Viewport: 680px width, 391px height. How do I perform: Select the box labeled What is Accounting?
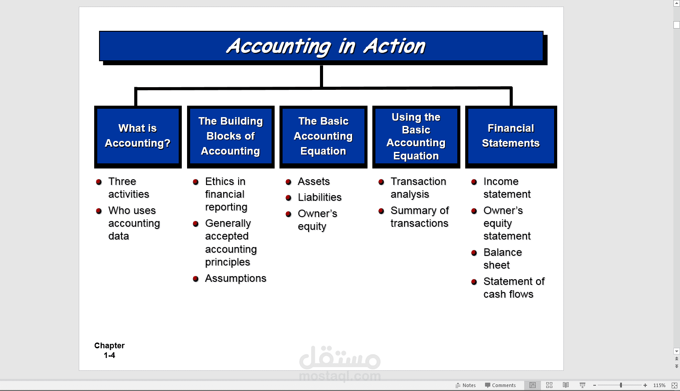138,136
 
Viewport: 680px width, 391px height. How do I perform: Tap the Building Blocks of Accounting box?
231,136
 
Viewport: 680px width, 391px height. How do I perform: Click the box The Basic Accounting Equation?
323,136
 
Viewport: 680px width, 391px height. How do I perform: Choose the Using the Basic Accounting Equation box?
416,136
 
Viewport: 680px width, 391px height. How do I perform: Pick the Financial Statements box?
511,136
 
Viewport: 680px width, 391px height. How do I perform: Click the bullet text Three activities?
129,188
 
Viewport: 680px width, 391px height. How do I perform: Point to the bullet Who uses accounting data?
134,223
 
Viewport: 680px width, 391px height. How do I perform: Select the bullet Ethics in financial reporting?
226,194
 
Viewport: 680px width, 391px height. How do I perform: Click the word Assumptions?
235,279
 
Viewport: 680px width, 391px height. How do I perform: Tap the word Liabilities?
320,198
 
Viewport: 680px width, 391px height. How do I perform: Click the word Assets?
314,181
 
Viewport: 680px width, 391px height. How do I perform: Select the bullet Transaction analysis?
418,188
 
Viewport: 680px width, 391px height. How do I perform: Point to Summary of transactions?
419,217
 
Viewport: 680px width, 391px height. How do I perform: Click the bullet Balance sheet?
502,259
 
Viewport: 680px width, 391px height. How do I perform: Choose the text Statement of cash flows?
514,288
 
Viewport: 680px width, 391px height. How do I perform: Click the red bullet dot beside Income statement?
474,182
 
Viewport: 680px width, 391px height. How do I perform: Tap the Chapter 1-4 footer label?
109,350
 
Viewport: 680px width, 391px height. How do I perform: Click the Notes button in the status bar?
466,385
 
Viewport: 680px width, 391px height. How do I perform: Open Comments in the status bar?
500,385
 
